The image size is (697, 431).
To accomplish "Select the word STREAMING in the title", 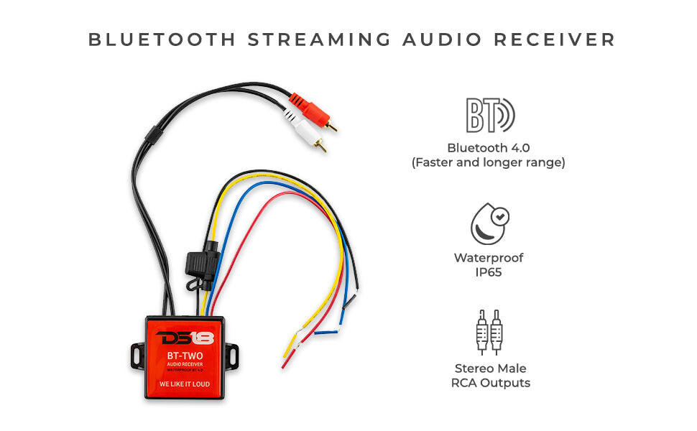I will click(x=319, y=40).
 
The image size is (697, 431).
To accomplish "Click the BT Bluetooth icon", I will click(x=490, y=115).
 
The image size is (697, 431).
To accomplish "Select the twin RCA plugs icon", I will click(x=489, y=332).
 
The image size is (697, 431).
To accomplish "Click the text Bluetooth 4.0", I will click(x=488, y=147).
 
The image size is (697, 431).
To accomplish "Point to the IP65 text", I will click(x=489, y=272).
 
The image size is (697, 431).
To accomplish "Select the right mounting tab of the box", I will click(x=231, y=355).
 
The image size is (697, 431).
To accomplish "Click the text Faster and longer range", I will click(x=488, y=163).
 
